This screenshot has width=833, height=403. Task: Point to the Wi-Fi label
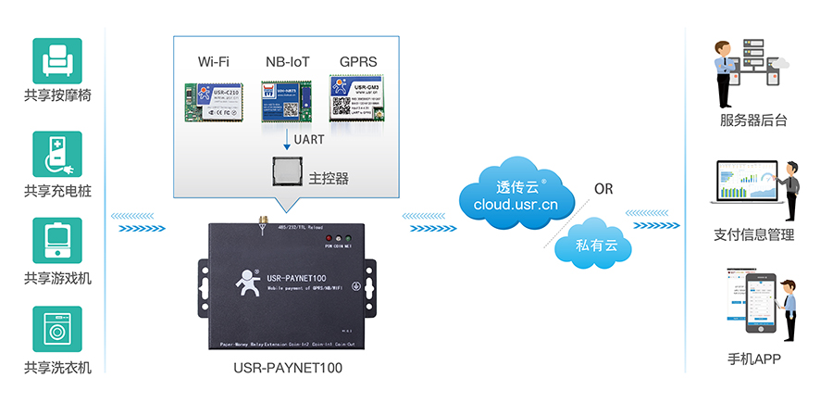coord(213,62)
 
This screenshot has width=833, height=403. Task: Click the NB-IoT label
coord(287,62)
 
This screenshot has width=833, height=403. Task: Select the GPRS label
coord(358,62)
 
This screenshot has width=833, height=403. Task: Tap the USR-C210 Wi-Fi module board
coord(214,101)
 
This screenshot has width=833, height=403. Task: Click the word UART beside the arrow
coord(308,141)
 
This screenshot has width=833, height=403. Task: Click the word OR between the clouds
coord(603,189)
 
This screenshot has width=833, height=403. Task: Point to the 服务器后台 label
coord(753,120)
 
